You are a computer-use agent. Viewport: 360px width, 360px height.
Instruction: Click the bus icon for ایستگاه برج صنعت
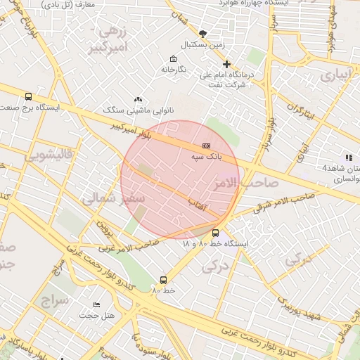point(28,97)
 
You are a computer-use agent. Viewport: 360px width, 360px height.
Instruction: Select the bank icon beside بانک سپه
point(206,145)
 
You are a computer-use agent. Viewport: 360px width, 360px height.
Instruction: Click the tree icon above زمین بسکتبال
point(203,33)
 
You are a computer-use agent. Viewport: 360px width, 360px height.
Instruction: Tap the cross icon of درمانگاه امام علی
point(226,64)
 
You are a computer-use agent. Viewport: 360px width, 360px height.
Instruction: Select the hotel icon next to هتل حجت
point(96,304)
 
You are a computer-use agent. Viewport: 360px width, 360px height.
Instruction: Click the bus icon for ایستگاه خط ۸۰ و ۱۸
point(215,233)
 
